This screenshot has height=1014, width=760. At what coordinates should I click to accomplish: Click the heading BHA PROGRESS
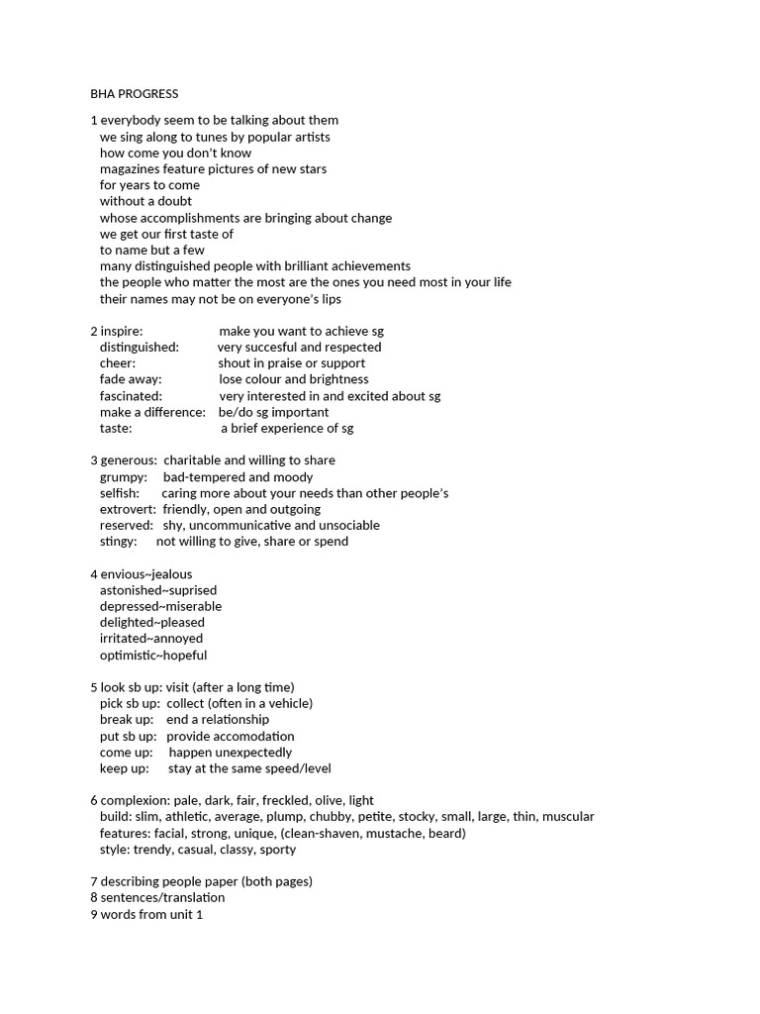coord(135,94)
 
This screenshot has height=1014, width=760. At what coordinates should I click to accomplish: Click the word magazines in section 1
coord(134,169)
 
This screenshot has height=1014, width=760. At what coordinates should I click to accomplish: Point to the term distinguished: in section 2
coord(140,348)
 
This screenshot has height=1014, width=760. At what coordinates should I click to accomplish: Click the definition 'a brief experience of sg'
coord(287,429)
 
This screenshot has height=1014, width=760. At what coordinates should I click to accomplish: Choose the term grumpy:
coord(124,477)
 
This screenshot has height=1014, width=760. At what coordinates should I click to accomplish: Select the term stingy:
coord(119,542)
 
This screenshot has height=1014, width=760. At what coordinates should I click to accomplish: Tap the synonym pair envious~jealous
coord(146,574)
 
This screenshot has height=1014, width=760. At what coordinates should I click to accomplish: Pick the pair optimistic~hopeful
coord(153,656)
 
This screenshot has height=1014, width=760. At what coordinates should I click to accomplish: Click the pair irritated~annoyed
coord(151,639)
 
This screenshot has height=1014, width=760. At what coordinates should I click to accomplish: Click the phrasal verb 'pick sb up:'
coord(130,703)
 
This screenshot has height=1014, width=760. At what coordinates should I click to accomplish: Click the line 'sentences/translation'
coord(162,898)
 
